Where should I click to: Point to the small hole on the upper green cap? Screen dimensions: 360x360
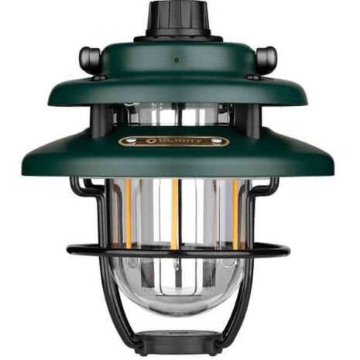pos(176,60)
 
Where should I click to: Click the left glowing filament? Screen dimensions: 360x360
pos(127,213)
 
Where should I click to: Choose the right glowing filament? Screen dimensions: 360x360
pos(235,213)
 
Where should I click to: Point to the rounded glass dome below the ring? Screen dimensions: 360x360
pos(177,290)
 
